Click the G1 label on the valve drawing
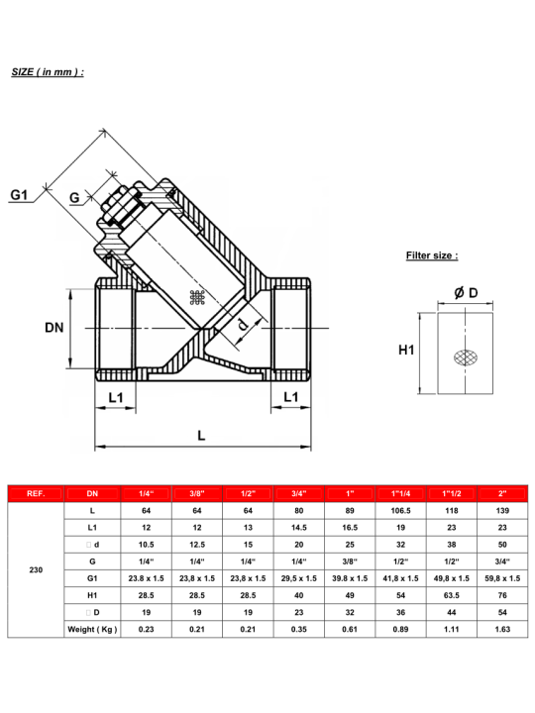(20, 195)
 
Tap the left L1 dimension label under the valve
(116, 397)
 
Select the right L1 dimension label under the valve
(292, 397)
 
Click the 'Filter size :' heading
(432, 255)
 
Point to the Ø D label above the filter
(466, 292)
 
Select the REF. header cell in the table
(36, 493)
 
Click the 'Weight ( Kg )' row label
(93, 629)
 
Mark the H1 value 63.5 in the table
(452, 594)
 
